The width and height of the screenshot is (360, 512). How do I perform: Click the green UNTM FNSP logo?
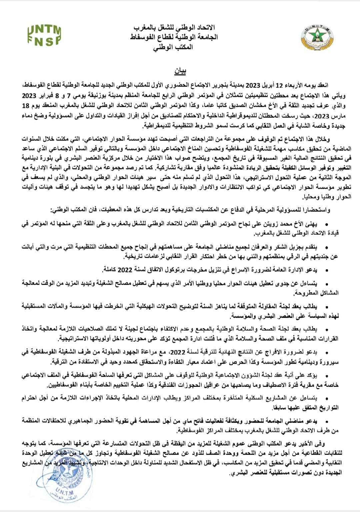tap(44, 35)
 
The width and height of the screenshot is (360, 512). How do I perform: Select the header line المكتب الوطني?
tap(173, 47)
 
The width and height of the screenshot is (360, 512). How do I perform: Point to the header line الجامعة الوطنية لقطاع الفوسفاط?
tap(174, 37)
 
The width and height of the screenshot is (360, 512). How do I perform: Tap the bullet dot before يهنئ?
tap(326, 225)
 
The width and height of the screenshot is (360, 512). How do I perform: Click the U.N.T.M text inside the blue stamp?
tap(66, 492)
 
